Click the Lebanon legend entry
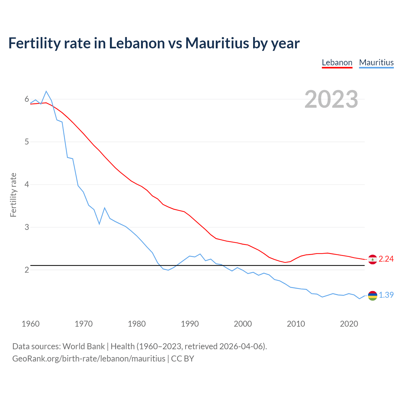337,62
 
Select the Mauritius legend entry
376,62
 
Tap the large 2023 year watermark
331,99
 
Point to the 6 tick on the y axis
27,99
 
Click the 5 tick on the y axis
27,142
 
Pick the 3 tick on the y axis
27,227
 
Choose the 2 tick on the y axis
27,270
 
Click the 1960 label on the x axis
30,324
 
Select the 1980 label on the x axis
137,324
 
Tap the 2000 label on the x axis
243,324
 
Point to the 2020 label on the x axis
349,324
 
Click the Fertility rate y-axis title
13,195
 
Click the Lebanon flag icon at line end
372,259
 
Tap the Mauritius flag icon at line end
372,296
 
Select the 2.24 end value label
386,259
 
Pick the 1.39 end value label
386,295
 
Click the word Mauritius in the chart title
217,43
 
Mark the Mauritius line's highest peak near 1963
46,91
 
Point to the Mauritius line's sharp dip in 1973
99,224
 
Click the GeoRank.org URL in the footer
89,359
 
